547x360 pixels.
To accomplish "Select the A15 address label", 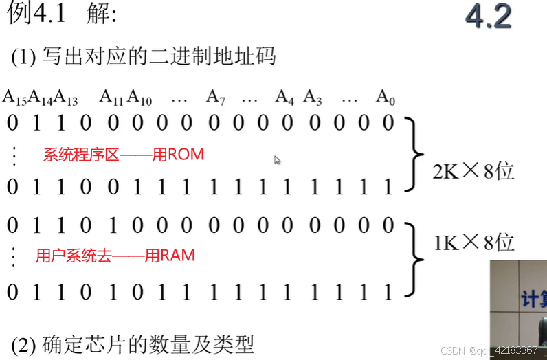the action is [14, 98].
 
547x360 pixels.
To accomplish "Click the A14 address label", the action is [41, 98].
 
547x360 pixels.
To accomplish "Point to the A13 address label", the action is [66, 98].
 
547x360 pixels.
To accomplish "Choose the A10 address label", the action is [139, 98].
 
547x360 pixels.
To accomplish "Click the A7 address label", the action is [216, 98].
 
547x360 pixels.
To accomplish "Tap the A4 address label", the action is [284, 98].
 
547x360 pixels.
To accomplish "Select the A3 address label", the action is [313, 98].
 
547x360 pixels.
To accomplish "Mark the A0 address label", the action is [386, 98].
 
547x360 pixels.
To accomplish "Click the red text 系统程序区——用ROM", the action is [124, 155].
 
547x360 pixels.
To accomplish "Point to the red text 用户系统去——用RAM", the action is [115, 256].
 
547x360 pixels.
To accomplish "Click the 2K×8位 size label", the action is [473, 171].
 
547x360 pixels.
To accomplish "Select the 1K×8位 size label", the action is [473, 242].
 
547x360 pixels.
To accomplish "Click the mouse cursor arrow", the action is [277, 160].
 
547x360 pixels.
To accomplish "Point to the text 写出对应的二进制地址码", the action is [159, 56].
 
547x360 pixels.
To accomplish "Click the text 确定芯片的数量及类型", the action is [148, 344].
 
